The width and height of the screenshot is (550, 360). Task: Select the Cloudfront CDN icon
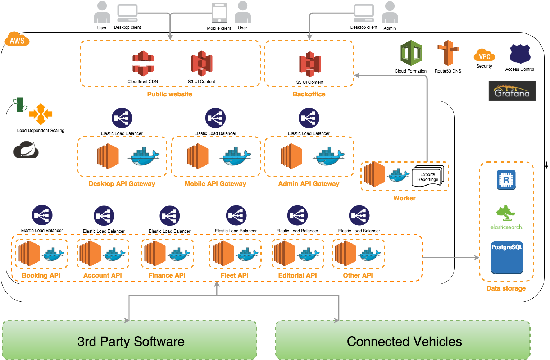[x=143, y=63]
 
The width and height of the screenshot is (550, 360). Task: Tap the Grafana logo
[x=512, y=91]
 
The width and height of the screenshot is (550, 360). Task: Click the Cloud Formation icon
[x=411, y=53]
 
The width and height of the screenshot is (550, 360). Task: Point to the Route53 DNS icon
[x=447, y=53]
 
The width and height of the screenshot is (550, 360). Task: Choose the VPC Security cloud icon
[x=484, y=56]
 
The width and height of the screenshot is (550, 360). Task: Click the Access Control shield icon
[x=520, y=54]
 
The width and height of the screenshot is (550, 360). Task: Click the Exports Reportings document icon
[x=428, y=176]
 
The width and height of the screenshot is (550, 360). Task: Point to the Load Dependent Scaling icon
[x=41, y=114]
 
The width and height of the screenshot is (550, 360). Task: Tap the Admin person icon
[x=390, y=13]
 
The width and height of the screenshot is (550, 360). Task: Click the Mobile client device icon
[x=219, y=13]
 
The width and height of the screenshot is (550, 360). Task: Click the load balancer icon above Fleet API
[x=236, y=215]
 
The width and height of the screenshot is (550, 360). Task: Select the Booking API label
[x=41, y=275]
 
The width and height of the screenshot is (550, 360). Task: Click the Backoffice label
[x=309, y=94]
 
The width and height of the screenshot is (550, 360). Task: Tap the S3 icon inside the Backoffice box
[x=310, y=64]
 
